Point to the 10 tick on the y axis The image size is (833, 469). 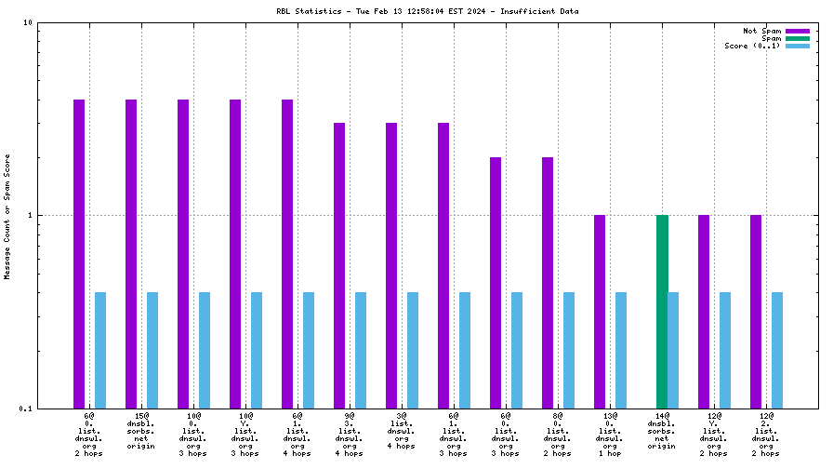pyautogui.click(x=28, y=23)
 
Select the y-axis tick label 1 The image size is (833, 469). pyautogui.click(x=30, y=216)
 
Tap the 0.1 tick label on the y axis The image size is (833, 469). pyautogui.click(x=26, y=409)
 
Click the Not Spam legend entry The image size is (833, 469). pyautogui.click(x=761, y=31)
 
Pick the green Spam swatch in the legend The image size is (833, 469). pyautogui.click(x=798, y=38)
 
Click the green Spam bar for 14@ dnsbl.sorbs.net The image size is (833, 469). pyautogui.click(x=662, y=312)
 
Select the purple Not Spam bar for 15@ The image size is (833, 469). pyautogui.click(x=131, y=253)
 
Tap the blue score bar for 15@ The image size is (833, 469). pyautogui.click(x=152, y=350)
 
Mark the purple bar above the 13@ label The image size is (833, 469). pyautogui.click(x=600, y=312)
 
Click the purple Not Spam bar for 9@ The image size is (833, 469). pyautogui.click(x=339, y=265)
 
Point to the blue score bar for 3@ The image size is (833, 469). pyautogui.click(x=413, y=350)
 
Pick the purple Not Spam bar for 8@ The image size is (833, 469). pyautogui.click(x=548, y=283)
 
